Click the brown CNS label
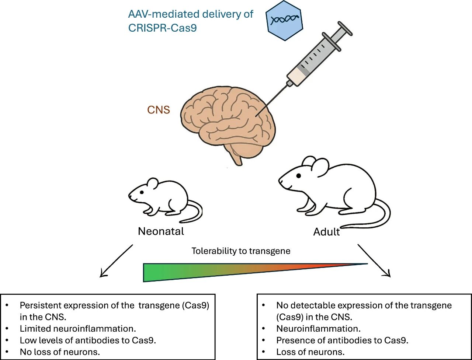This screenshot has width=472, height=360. (159, 110)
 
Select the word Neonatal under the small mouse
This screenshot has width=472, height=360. (161, 231)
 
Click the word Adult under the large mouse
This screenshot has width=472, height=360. (326, 232)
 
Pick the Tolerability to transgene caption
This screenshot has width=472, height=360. (241, 251)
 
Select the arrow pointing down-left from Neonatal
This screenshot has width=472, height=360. (116, 261)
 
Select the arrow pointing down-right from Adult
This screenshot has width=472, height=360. (374, 260)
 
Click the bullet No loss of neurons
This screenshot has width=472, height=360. (60, 352)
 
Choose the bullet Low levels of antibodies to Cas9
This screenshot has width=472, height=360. (88, 340)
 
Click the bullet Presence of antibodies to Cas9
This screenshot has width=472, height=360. (342, 340)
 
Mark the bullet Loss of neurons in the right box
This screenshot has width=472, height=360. (310, 352)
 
